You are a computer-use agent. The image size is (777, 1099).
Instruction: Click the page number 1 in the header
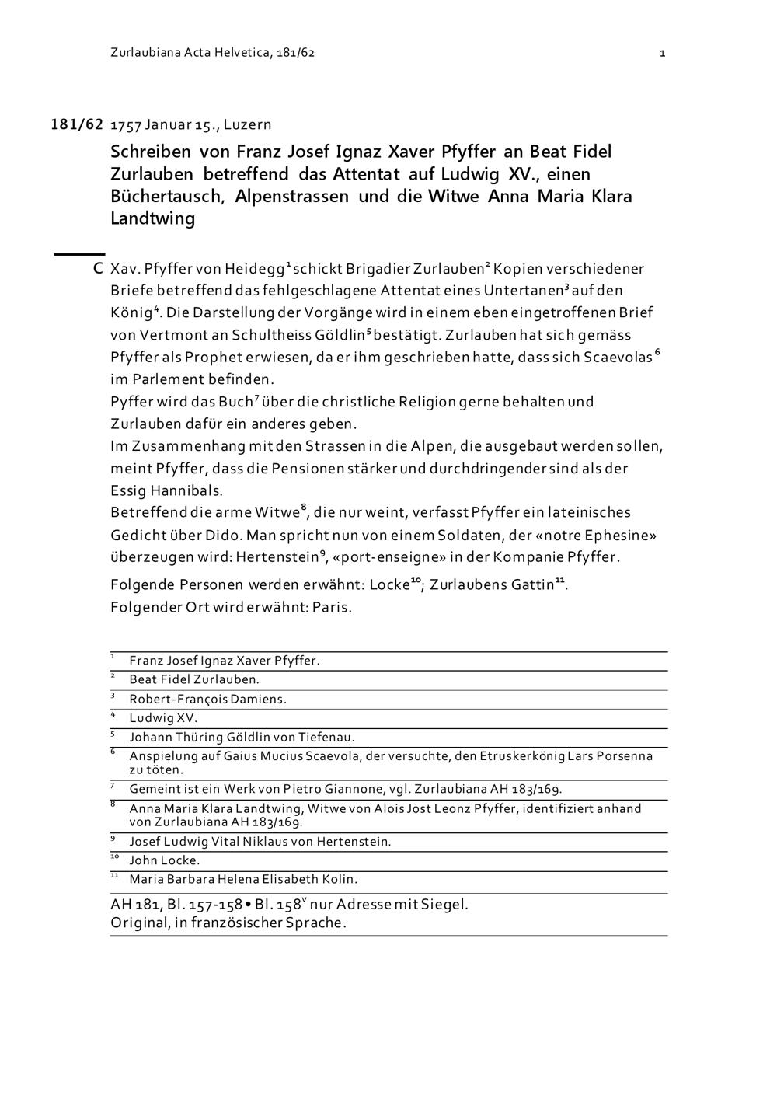pos(662,53)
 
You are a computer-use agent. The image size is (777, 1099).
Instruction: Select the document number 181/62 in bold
pos(77,124)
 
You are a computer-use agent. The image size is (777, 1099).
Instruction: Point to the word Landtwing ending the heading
pos(152,218)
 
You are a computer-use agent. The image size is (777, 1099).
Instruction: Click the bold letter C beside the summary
pos(98,269)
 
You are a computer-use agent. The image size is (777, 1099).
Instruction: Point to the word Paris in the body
pos(332,607)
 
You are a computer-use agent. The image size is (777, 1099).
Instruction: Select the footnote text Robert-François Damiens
pos(207,699)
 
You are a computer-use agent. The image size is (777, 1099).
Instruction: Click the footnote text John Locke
pos(164,860)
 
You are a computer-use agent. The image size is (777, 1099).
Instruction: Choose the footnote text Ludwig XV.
pos(163,718)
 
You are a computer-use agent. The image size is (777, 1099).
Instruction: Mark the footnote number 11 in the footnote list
pos(114,876)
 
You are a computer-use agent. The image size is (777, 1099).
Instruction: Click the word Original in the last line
pos(139,923)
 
